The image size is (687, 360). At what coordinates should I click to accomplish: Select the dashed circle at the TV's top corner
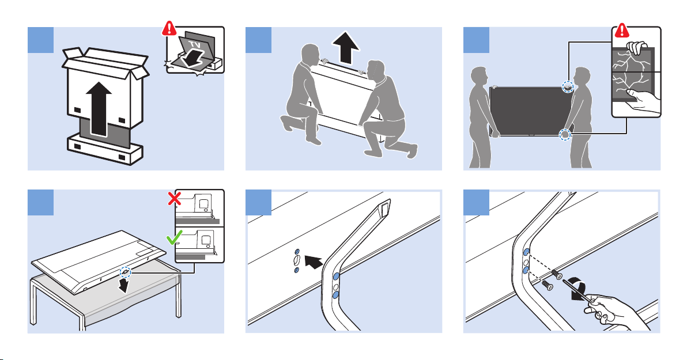(568, 87)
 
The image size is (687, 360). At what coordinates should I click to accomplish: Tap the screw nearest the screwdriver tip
(556, 272)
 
